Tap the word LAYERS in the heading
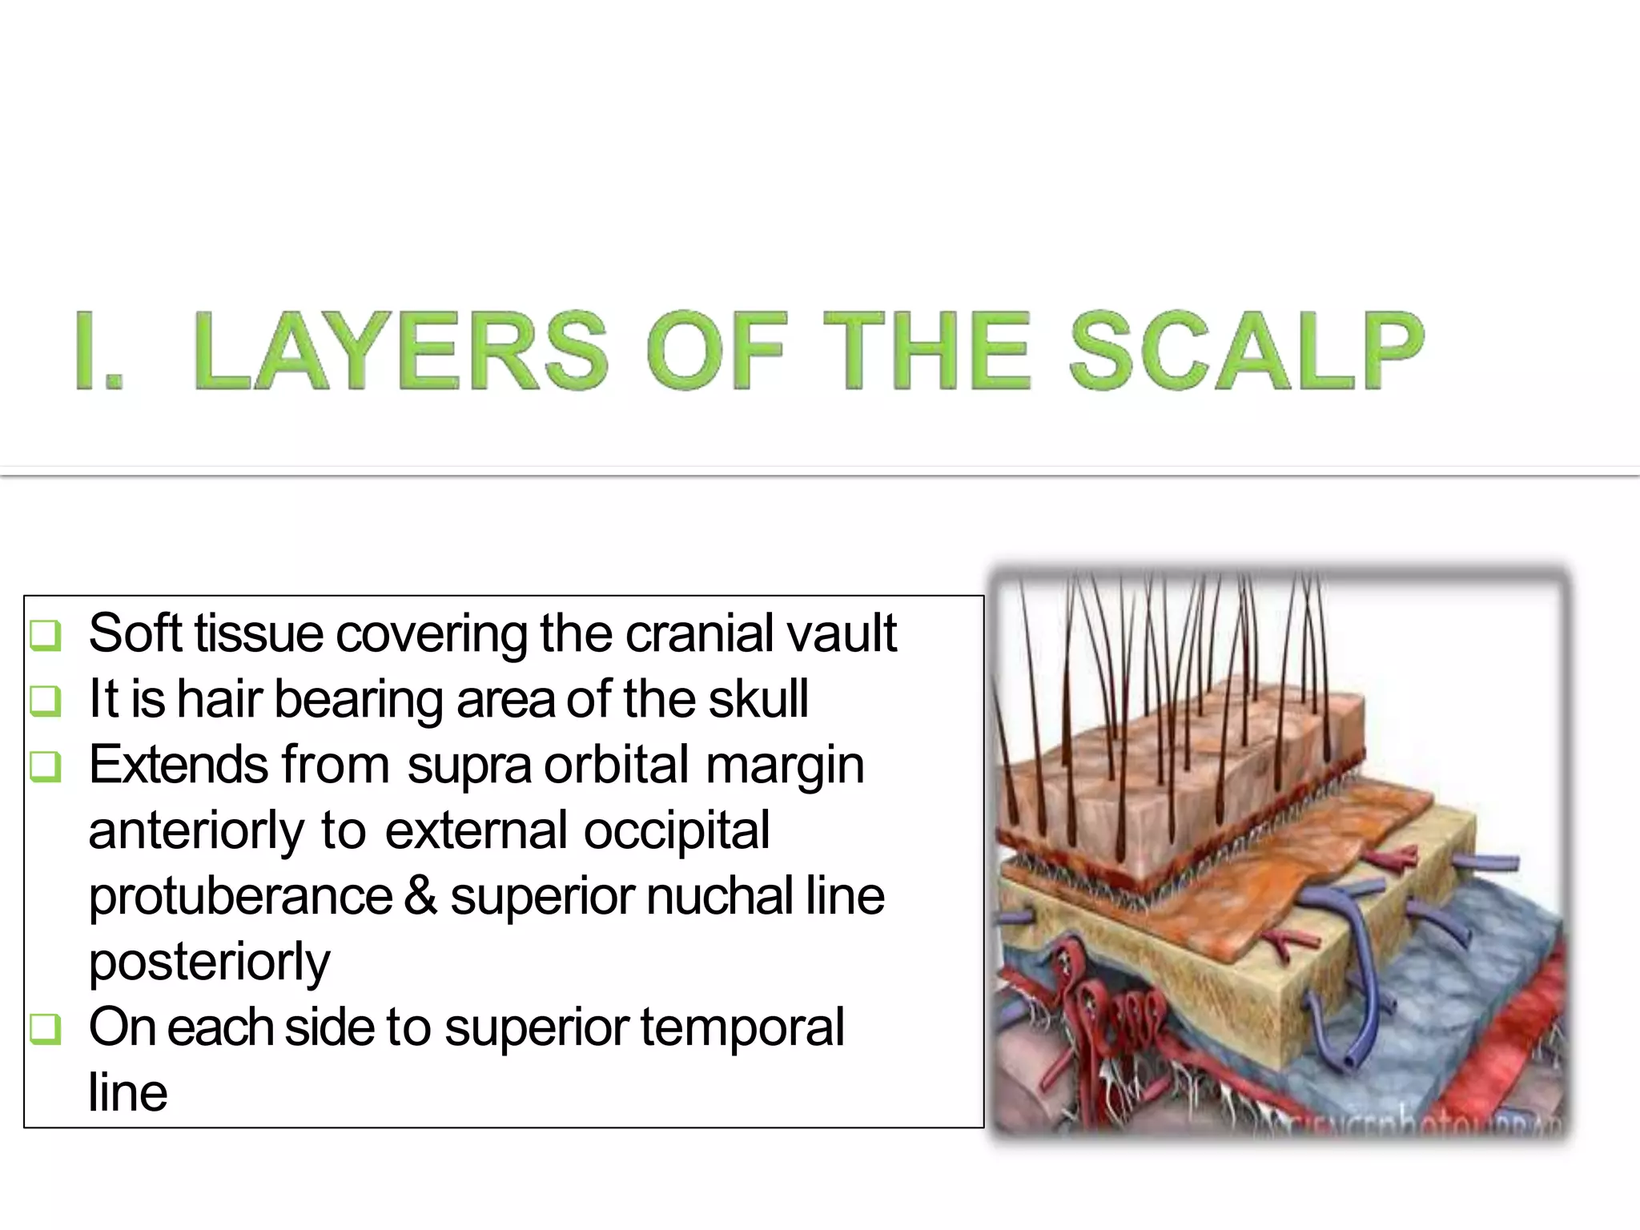(x=400, y=352)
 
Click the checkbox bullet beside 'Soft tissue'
(x=45, y=636)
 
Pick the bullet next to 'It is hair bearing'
(x=45, y=701)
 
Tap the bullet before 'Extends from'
(x=45, y=767)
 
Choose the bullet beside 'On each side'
(x=45, y=1029)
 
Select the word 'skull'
(x=758, y=699)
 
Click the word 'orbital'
(x=617, y=765)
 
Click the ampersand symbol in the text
(x=420, y=896)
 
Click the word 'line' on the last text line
(x=128, y=1093)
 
